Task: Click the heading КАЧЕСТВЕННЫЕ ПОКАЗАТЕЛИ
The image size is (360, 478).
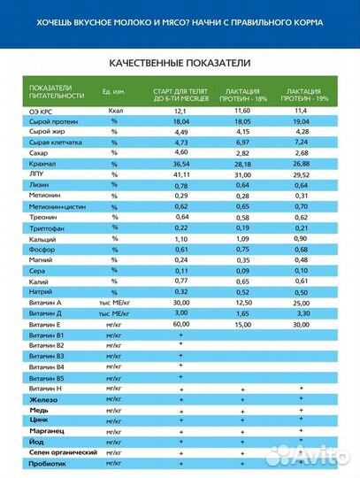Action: [180, 64]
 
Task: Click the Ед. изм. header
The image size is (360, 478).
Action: [112, 93]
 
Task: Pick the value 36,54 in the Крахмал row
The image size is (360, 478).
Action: [180, 164]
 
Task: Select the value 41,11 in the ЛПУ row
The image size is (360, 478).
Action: [180, 175]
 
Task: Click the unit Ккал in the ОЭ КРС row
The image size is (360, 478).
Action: [114, 111]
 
